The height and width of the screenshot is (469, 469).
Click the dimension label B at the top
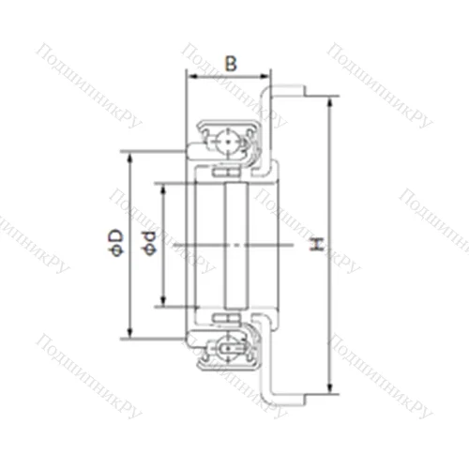[230, 65]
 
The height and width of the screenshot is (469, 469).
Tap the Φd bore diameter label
[147, 243]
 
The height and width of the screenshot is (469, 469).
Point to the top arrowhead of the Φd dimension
[162, 186]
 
